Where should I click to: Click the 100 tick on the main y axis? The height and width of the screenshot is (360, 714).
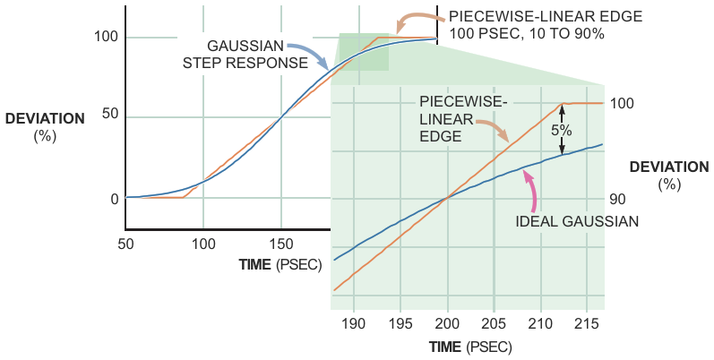[x=106, y=37]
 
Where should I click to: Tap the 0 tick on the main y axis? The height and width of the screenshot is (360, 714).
[x=114, y=199]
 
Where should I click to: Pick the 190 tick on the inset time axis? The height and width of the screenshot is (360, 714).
[x=354, y=321]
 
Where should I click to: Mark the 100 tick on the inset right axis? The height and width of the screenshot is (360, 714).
[x=623, y=103]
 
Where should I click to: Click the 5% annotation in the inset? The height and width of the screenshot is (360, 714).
[x=562, y=130]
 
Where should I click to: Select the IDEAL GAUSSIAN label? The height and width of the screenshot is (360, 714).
[x=578, y=221]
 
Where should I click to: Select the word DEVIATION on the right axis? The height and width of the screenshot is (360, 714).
[x=669, y=167]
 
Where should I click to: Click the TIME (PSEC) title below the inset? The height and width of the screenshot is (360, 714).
[x=469, y=346]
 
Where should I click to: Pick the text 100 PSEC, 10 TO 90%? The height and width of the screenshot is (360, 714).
[x=527, y=34]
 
